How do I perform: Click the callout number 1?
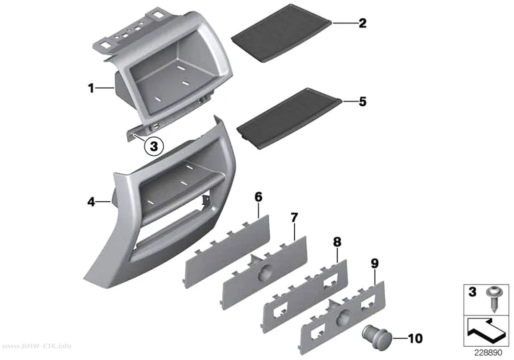(91, 88)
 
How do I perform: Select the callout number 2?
(362, 24)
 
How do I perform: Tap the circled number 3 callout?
(154, 146)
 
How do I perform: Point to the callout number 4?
(91, 202)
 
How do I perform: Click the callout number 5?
(362, 102)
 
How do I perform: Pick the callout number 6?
(258, 197)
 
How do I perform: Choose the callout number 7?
(294, 217)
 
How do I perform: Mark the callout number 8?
(337, 242)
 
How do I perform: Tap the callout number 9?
(374, 264)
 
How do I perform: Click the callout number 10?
(415, 338)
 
